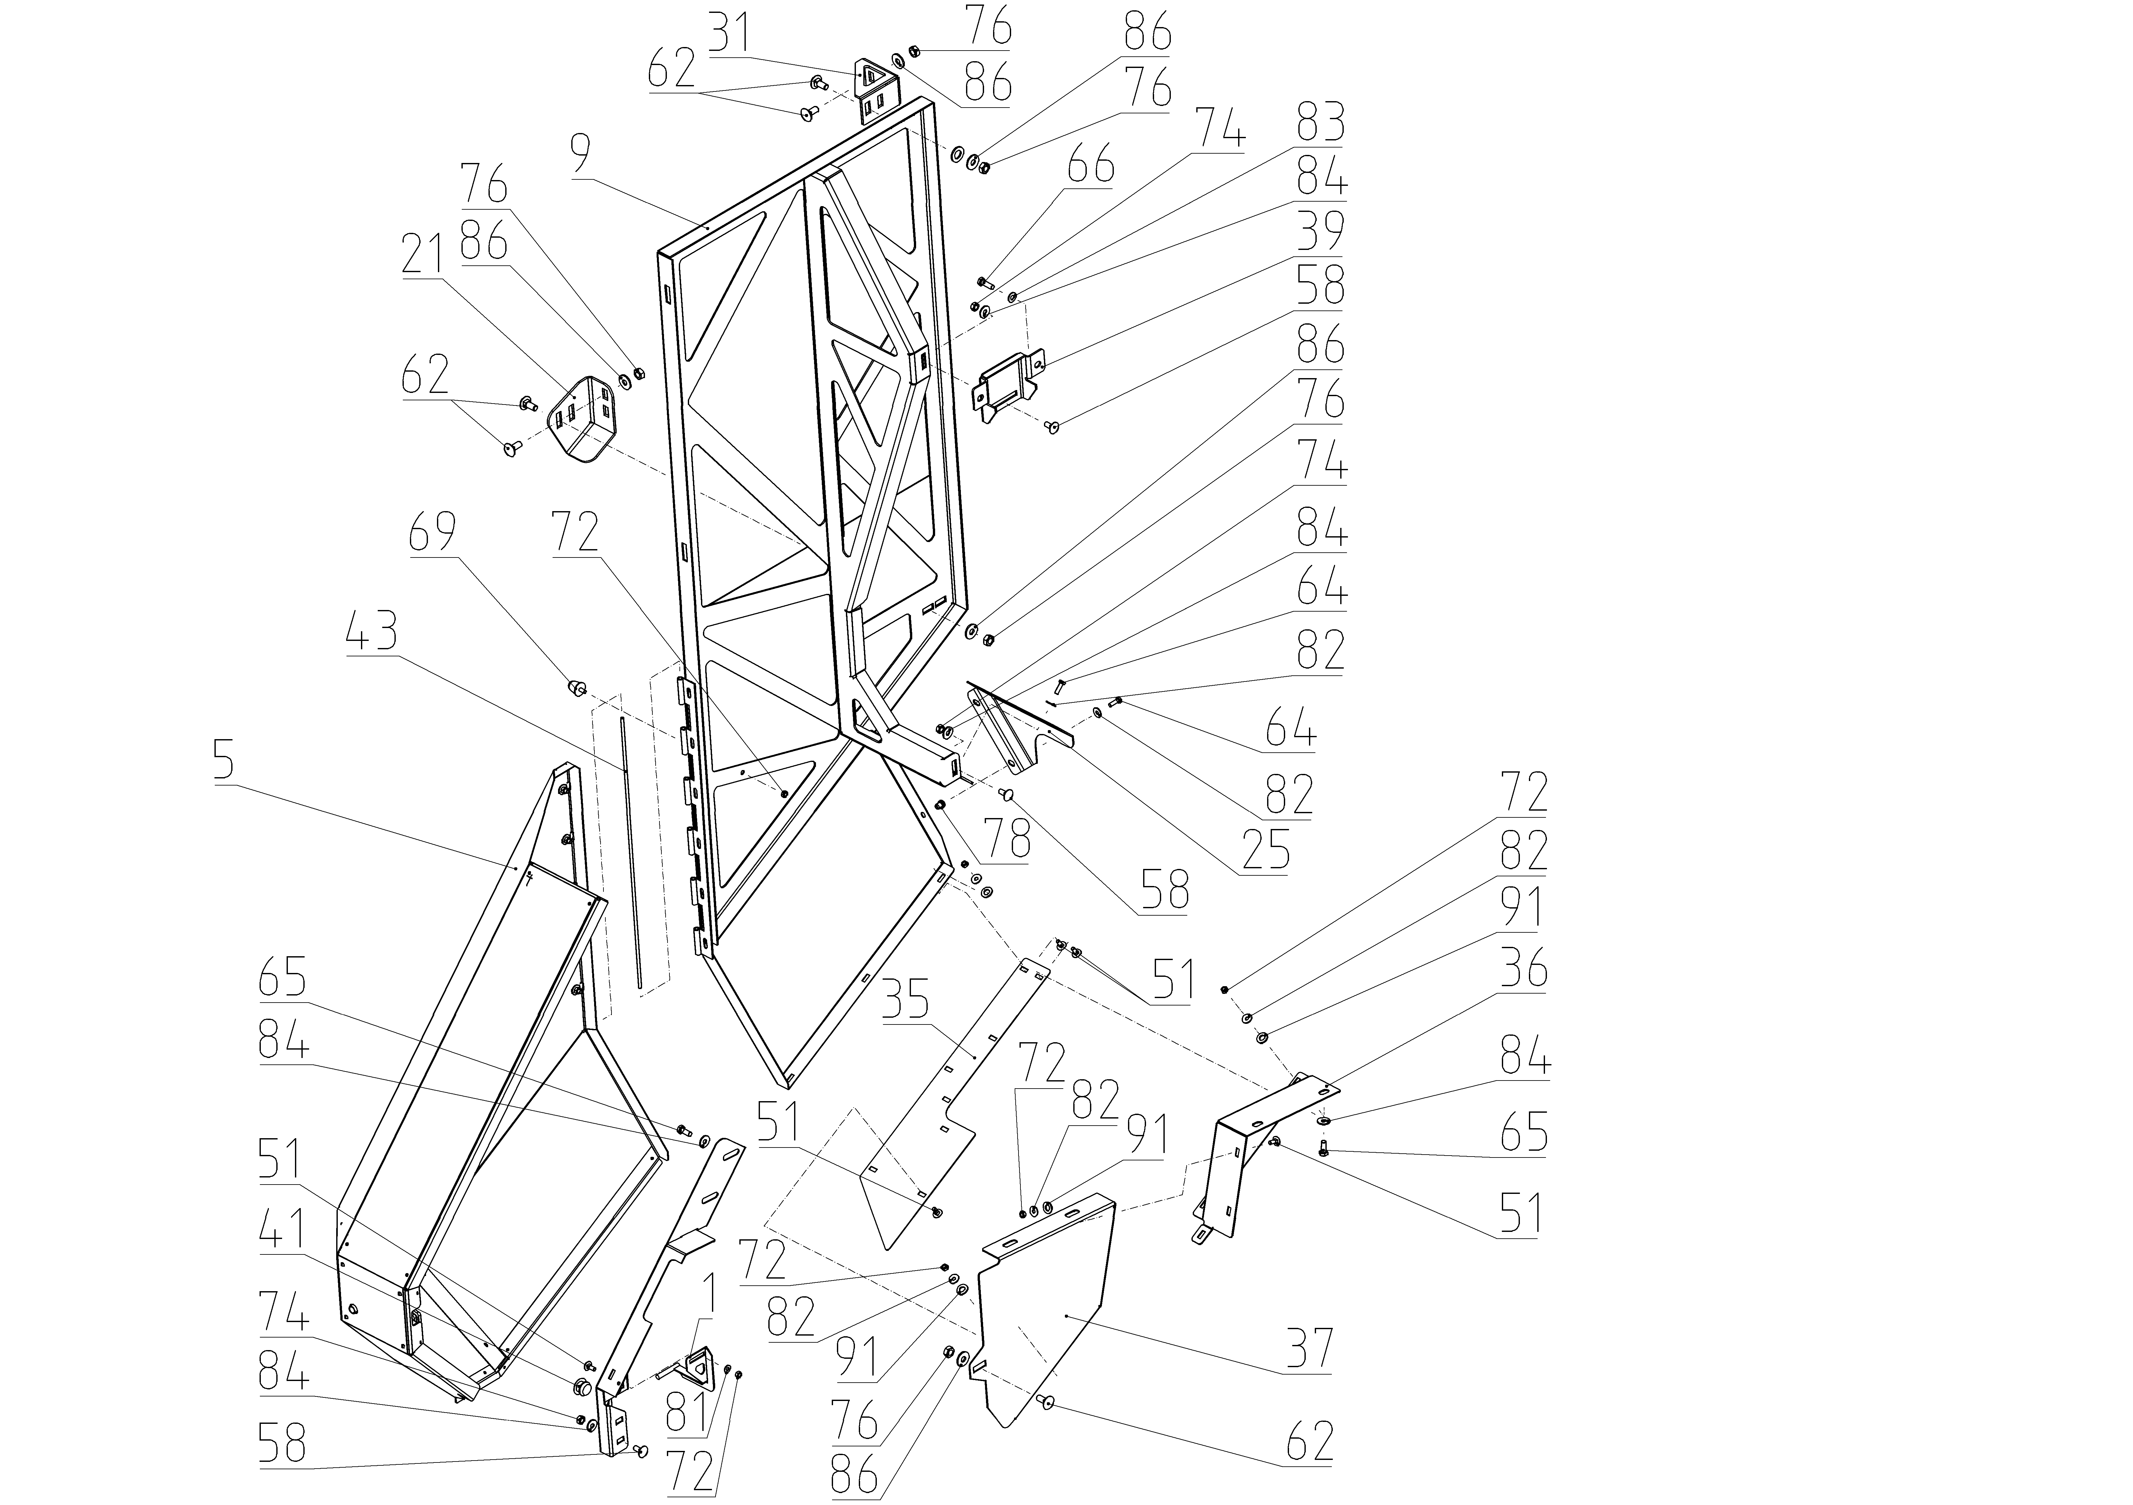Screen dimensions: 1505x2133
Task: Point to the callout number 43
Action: [x=372, y=633]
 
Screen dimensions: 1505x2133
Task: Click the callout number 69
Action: [x=433, y=531]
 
